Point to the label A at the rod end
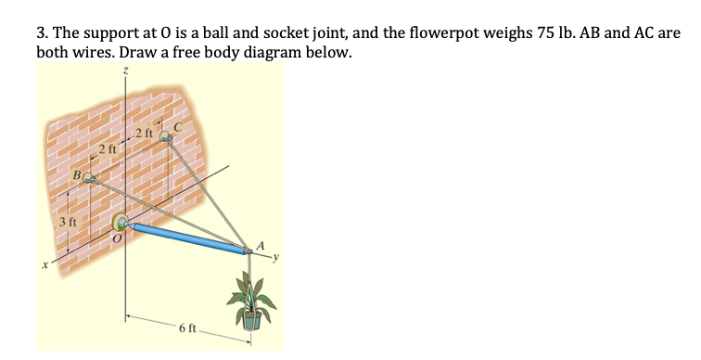tap(261, 242)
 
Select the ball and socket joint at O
tap(121, 223)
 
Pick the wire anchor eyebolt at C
tap(167, 136)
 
